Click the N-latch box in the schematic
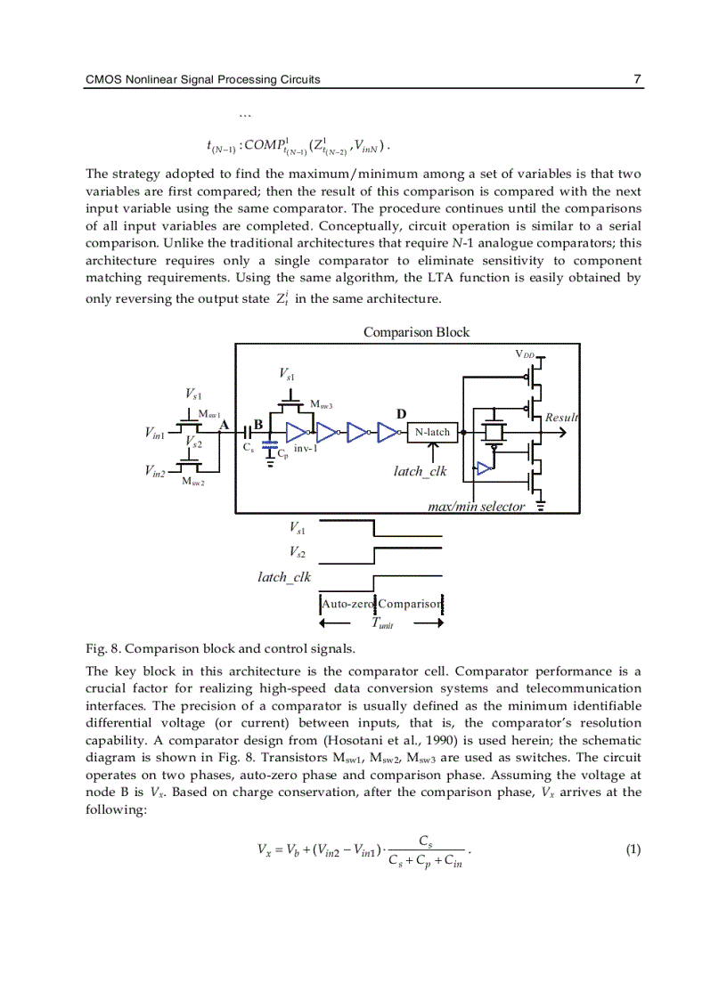[x=433, y=433]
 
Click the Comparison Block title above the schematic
[x=416, y=332]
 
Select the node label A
[x=224, y=425]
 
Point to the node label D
[x=401, y=415]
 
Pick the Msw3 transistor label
[x=321, y=405]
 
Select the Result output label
[x=561, y=418]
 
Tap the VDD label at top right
[x=525, y=354]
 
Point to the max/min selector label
[x=476, y=507]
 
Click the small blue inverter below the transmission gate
[x=484, y=468]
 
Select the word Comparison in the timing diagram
[x=409, y=604]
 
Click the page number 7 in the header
[x=637, y=79]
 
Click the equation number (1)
[x=633, y=850]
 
